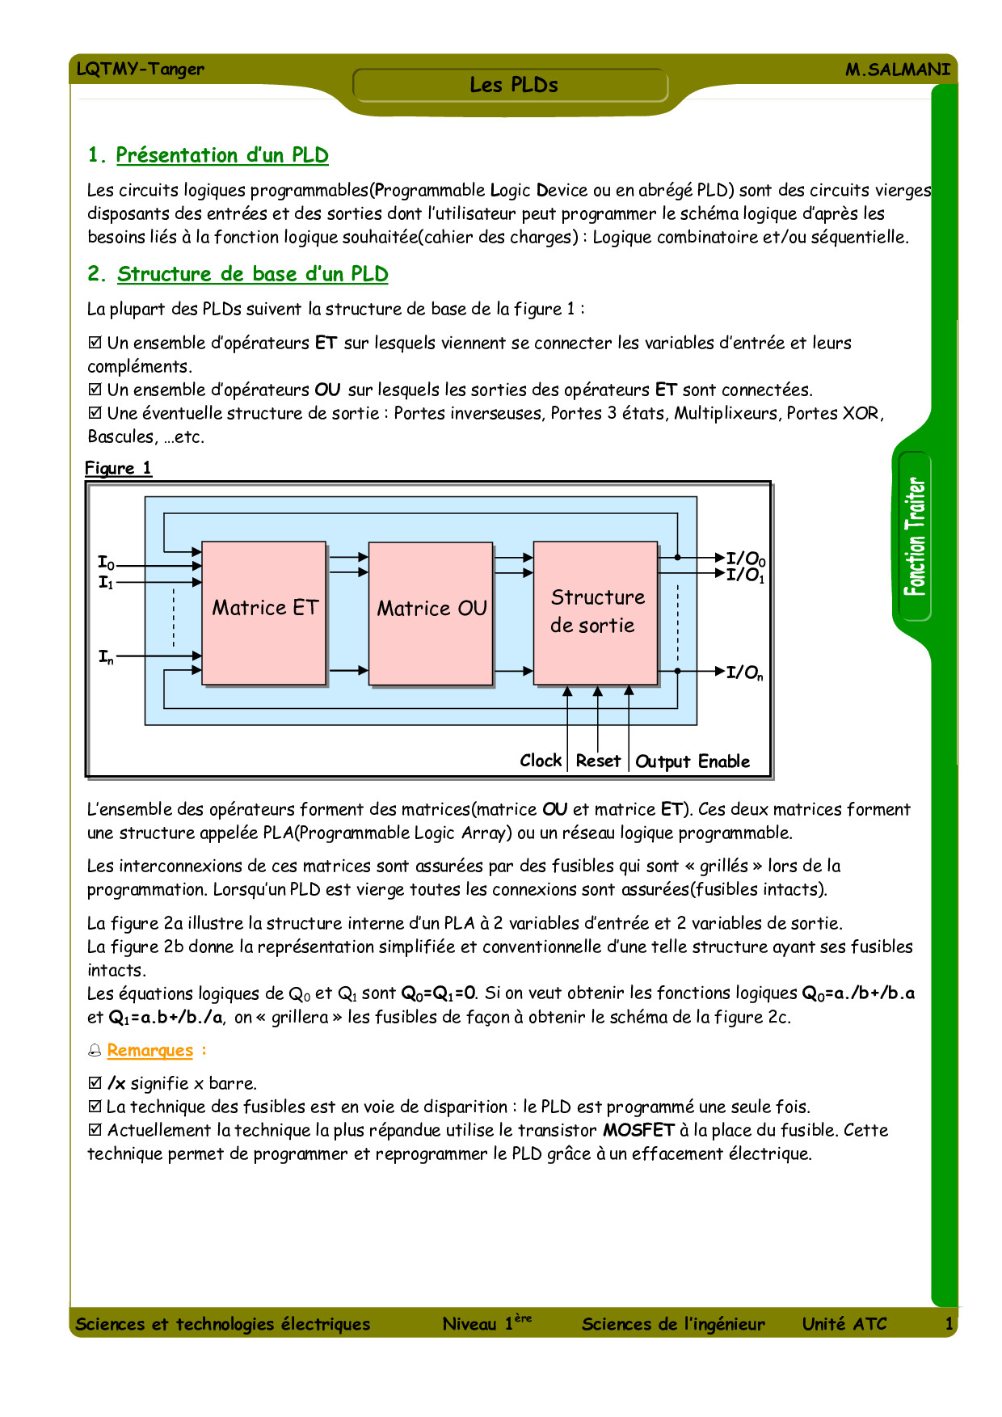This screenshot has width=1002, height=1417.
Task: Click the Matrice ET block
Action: click(x=264, y=613)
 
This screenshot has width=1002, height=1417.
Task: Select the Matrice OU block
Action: click(x=431, y=613)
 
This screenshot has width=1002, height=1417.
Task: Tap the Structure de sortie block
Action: click(x=596, y=612)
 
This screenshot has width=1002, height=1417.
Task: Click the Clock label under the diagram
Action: click(x=541, y=761)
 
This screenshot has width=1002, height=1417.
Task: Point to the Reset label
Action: click(x=598, y=761)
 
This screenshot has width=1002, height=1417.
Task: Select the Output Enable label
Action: click(x=693, y=761)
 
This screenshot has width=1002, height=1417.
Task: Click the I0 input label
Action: click(x=106, y=563)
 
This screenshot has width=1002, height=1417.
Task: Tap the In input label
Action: click(x=106, y=657)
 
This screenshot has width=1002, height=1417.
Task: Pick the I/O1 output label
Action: click(x=744, y=576)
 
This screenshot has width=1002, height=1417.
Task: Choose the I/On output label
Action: click(x=743, y=673)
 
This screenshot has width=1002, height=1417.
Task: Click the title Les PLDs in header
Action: click(x=514, y=85)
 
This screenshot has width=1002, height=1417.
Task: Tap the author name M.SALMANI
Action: click(x=897, y=70)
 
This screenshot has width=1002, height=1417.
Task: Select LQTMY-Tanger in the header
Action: click(x=140, y=69)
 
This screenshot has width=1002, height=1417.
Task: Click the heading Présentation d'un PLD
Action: click(x=221, y=155)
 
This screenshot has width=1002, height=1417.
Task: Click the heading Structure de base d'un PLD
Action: click(x=252, y=274)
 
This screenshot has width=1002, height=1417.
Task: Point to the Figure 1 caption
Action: click(x=118, y=468)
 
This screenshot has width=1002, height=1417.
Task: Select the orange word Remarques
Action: click(x=150, y=1050)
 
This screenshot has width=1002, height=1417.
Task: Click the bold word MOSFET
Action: click(x=638, y=1130)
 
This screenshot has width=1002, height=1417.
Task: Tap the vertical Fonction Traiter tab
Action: click(x=915, y=536)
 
